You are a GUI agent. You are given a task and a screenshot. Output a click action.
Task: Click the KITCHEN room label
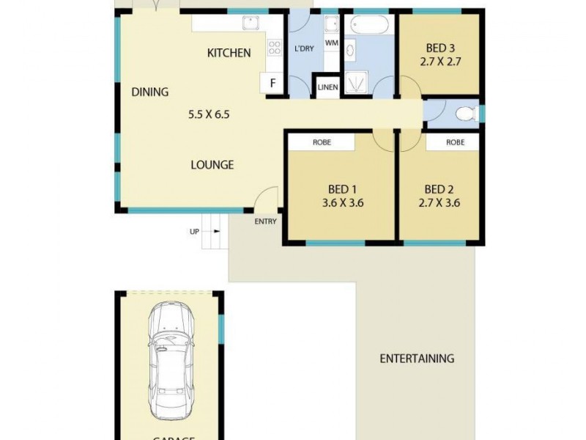tap(229, 53)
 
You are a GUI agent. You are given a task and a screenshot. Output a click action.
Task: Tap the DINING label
tap(150, 92)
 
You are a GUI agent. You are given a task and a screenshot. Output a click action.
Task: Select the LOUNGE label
tap(212, 165)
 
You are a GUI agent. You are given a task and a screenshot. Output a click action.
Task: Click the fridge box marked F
tap(272, 83)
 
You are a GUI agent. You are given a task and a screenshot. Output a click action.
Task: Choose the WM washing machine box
tap(331, 43)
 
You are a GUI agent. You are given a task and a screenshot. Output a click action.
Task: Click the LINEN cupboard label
tap(327, 88)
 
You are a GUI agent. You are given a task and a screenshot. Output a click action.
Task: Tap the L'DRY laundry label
tap(304, 49)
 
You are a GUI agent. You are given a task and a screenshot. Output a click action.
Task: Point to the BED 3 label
tap(439, 49)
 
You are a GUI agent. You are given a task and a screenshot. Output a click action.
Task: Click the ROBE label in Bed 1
tap(322, 142)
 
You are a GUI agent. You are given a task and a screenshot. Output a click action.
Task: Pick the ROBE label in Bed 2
tap(454, 142)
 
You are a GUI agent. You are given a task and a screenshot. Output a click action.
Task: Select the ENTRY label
tap(265, 221)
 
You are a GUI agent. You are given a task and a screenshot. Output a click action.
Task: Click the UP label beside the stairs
tap(194, 232)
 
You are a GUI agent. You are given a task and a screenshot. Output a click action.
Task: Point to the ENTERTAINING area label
tap(417, 359)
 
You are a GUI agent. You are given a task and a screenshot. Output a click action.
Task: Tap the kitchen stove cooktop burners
tap(275, 48)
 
